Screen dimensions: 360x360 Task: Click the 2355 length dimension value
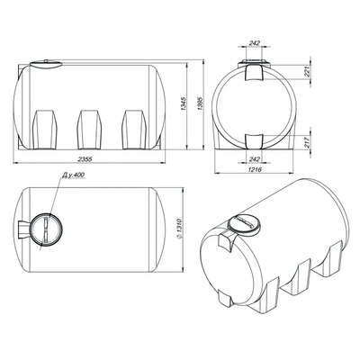tap(85, 159)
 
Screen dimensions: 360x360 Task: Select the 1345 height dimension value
tap(184, 103)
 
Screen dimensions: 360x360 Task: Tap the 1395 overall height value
tap(200, 103)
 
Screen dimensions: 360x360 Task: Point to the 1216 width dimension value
tap(255, 169)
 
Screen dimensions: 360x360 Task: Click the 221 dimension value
tap(307, 72)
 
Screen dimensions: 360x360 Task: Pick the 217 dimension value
tap(307, 141)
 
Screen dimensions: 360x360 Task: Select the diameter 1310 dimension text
tap(180, 229)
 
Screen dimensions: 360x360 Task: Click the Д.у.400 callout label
tap(74, 175)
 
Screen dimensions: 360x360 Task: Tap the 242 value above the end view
tap(255, 43)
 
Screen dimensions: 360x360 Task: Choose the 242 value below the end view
tap(255, 159)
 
